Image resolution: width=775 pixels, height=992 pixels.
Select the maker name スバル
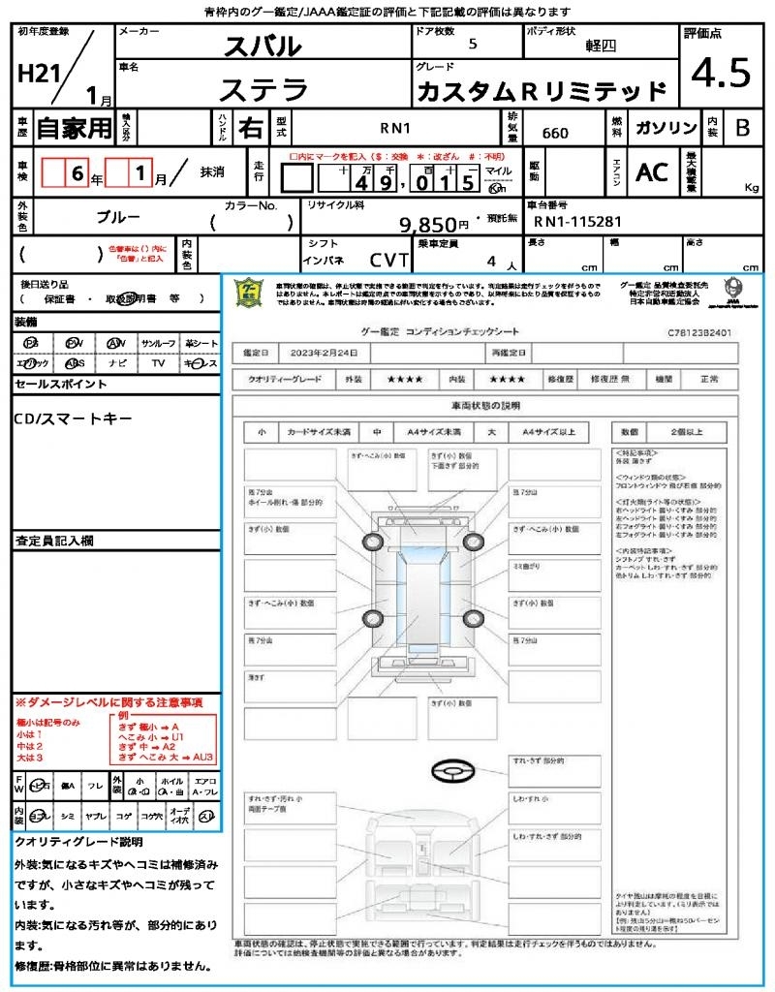click(263, 46)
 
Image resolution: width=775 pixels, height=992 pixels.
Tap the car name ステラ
click(263, 90)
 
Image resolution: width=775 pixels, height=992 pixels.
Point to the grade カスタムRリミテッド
click(542, 92)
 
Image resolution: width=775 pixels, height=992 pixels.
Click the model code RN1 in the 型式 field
click(395, 127)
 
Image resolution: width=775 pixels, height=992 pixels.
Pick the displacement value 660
click(555, 133)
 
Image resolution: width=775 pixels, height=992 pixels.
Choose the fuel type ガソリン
click(666, 128)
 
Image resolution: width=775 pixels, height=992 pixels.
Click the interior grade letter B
click(742, 128)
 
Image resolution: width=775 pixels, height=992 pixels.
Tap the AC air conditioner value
click(652, 172)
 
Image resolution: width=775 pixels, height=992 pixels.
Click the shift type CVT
click(389, 260)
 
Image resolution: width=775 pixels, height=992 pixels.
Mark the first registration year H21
click(37, 74)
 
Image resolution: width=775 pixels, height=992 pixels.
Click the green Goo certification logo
click(250, 294)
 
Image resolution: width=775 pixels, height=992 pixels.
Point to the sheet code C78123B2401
click(698, 332)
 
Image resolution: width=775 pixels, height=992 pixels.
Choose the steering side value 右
click(250, 128)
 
